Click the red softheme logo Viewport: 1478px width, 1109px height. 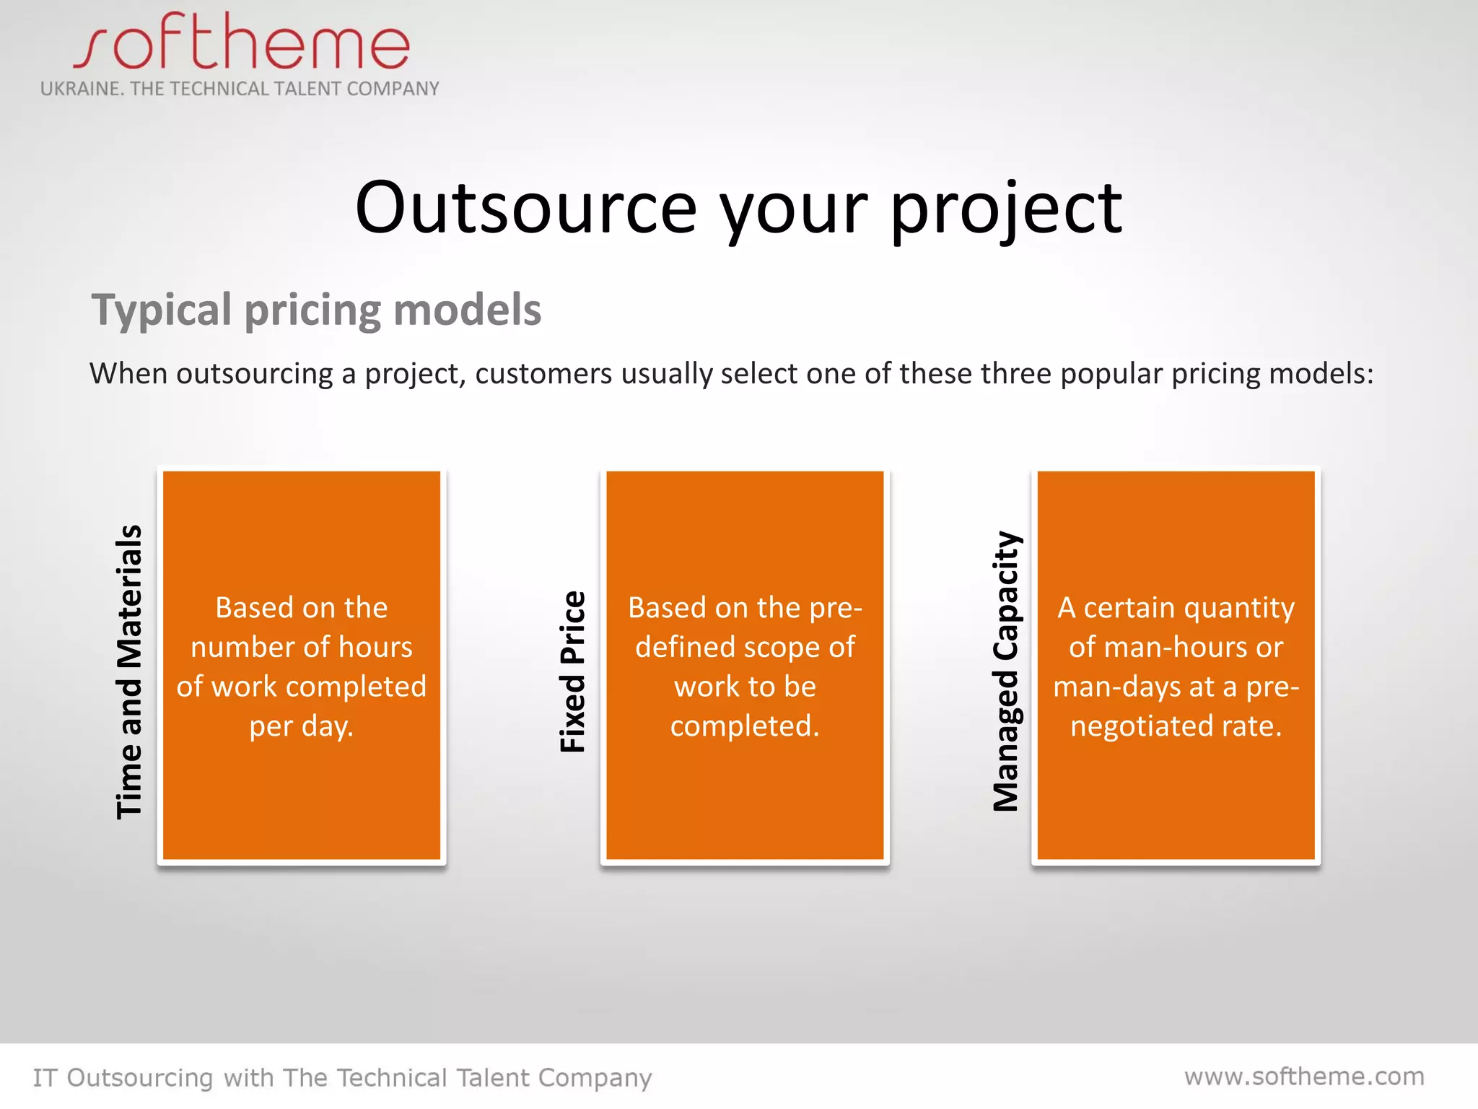[242, 43]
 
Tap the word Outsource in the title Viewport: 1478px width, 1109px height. [526, 209]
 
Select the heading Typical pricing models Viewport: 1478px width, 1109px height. [316, 310]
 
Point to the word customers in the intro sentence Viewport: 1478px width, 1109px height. [543, 374]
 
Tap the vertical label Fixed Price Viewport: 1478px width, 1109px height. [573, 671]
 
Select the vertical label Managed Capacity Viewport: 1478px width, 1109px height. [1006, 671]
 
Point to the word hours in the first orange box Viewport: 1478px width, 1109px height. [375, 648]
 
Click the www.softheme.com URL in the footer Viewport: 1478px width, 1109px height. [1304, 1077]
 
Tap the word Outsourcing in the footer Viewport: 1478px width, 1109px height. [140, 1078]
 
